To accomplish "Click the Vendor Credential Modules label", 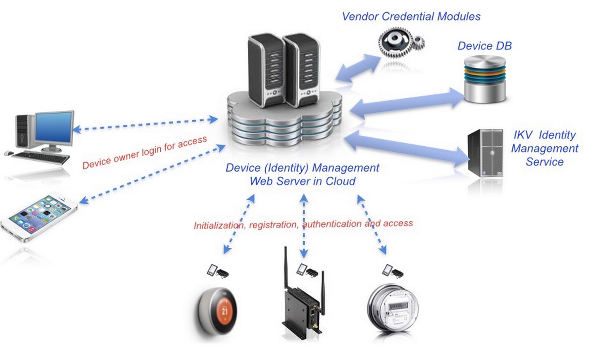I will pos(411,17).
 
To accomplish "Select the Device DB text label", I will pos(484,46).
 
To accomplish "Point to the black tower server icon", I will pos(485,153).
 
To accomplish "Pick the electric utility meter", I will pos(393,310).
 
